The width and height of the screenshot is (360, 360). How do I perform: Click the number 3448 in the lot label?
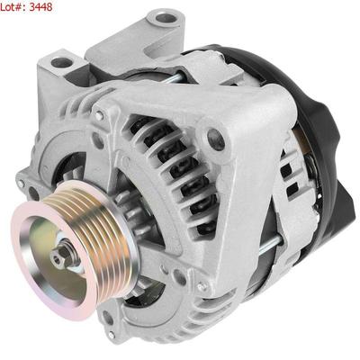click(40, 6)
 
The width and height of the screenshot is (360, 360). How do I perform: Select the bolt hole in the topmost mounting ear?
click(166, 19)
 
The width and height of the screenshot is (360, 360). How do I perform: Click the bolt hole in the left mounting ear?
click(62, 63)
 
